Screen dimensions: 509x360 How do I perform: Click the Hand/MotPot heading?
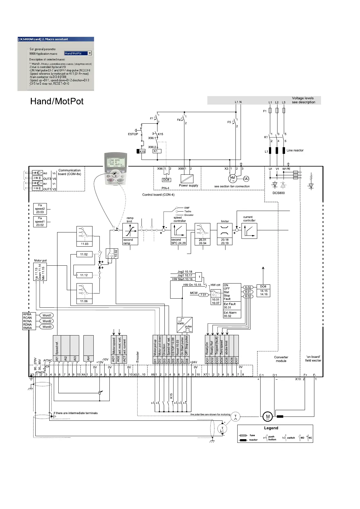point(57,101)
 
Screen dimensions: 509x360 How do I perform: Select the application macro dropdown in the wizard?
point(78,53)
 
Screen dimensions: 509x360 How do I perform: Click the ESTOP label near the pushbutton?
point(133,134)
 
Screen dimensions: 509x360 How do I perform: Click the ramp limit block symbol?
point(130,231)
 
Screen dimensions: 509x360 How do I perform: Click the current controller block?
point(249,231)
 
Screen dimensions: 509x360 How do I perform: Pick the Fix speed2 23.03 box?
point(40,209)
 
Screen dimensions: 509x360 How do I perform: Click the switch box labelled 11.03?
point(84,236)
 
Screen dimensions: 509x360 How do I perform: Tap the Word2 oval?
point(47,321)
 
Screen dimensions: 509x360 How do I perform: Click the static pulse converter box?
point(185,325)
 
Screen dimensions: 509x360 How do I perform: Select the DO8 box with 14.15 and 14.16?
point(263,290)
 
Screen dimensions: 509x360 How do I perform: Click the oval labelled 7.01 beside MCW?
point(203,295)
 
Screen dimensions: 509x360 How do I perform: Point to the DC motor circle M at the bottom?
point(268,417)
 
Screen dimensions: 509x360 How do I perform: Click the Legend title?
point(271,428)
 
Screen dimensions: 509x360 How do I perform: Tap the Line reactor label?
point(295,150)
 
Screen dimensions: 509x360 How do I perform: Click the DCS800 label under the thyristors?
point(278,193)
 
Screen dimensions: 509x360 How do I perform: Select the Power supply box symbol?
point(187,179)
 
